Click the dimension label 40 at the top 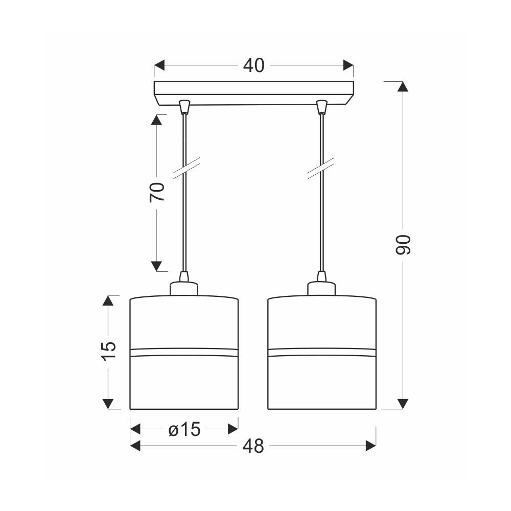click(x=253, y=65)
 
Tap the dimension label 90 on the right click(x=403, y=244)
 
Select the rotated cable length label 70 click(x=157, y=192)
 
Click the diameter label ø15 click(x=184, y=430)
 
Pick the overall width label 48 click(x=253, y=446)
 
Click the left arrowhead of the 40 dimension click(x=159, y=65)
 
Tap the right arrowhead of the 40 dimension click(x=349, y=65)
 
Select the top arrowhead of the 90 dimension click(x=403, y=86)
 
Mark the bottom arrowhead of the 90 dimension click(x=403, y=404)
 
